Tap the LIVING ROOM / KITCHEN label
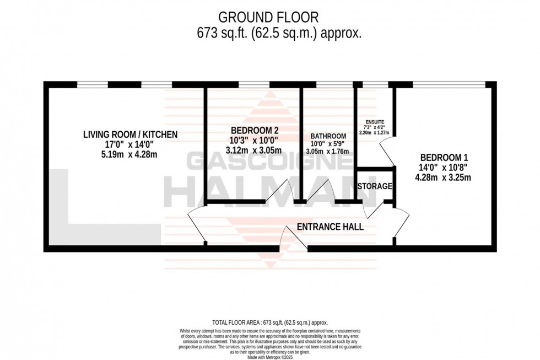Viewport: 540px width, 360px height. point(131,134)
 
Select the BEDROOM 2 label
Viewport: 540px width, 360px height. point(255,131)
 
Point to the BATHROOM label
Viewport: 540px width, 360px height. point(328,136)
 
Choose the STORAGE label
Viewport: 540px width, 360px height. point(375,186)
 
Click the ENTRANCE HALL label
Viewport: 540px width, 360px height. point(330,227)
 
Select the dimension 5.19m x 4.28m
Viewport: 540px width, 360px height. point(131,154)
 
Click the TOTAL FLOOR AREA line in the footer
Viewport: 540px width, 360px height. point(270,322)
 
